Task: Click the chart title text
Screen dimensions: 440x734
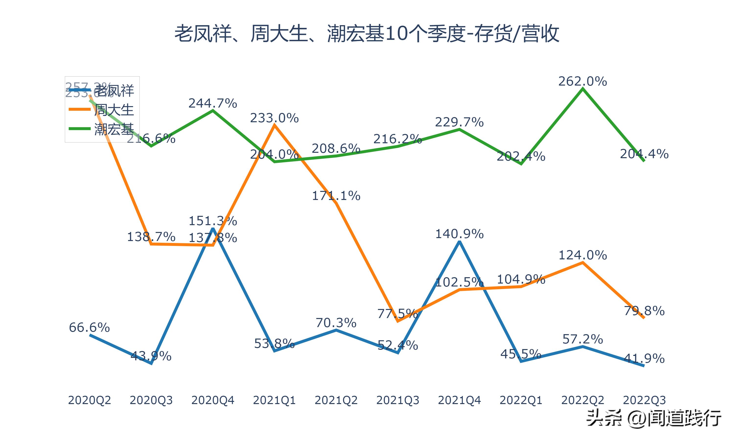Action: tap(367, 33)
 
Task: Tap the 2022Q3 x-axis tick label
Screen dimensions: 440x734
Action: tap(644, 400)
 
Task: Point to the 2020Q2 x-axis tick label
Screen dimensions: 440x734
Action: tap(89, 400)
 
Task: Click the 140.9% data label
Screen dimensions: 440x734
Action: tap(459, 234)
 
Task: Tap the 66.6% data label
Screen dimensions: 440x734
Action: tap(89, 328)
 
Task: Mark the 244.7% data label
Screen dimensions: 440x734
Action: tap(213, 103)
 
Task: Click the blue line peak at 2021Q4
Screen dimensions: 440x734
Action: tap(459, 242)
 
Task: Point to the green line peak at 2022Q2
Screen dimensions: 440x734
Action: tap(583, 89)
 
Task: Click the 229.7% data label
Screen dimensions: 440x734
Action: tap(459, 122)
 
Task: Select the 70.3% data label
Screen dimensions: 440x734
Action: tap(336, 323)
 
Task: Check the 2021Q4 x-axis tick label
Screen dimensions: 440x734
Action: tap(459, 400)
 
